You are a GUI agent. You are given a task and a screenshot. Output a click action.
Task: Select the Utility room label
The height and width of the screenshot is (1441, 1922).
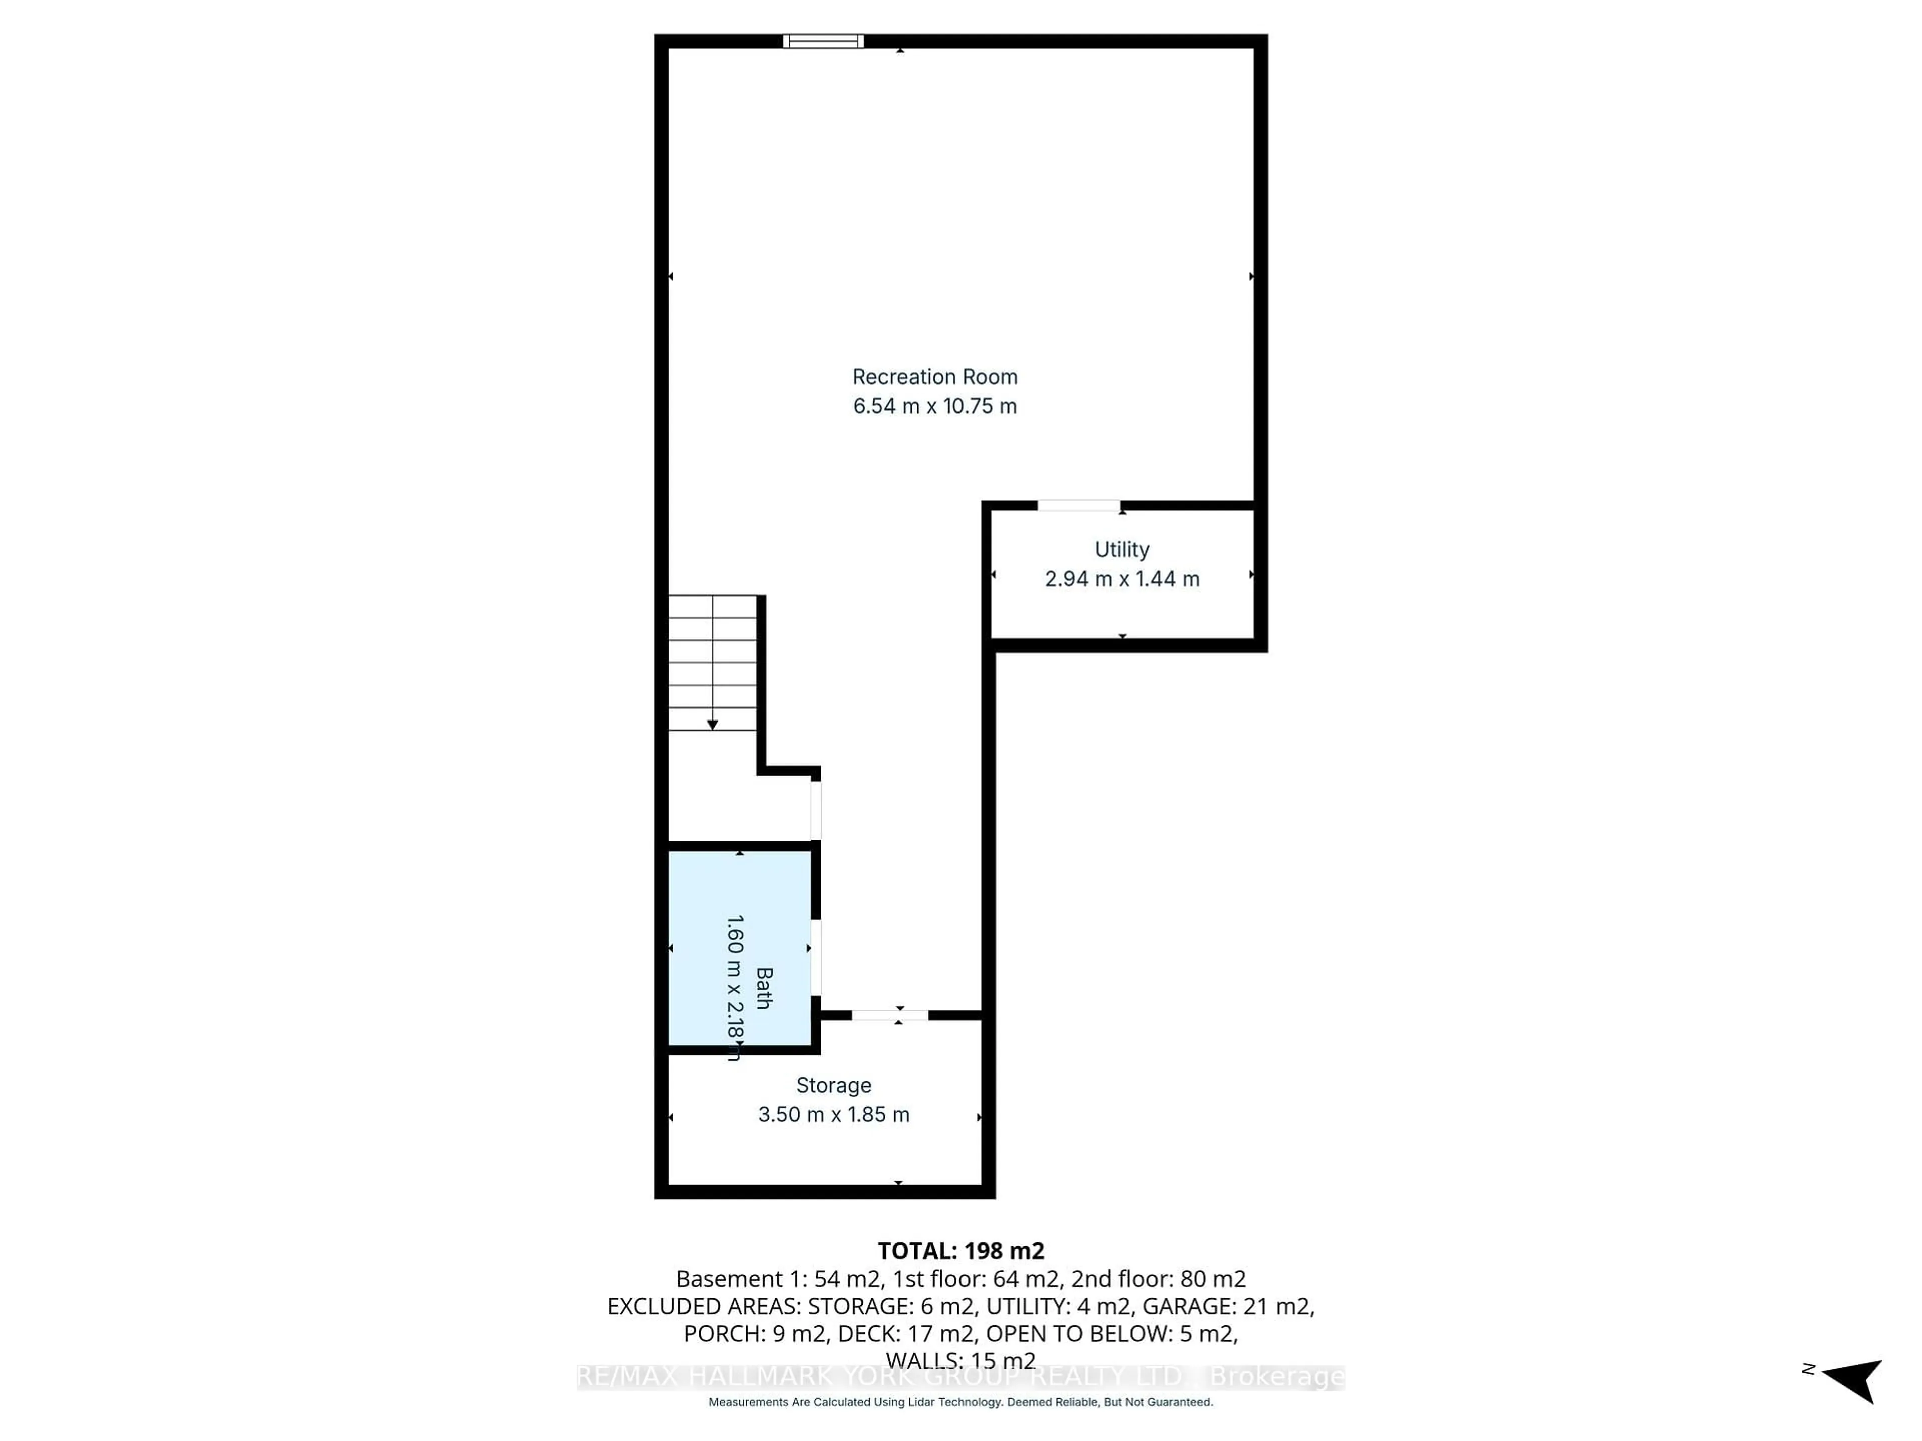tap(1122, 550)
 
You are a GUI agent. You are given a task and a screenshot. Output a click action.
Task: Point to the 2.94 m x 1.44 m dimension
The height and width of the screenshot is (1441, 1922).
tap(1122, 579)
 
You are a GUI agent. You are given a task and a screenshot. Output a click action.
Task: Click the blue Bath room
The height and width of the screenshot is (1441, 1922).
tap(739, 949)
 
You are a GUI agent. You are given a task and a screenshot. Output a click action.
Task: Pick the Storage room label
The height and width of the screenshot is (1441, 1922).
tap(833, 1086)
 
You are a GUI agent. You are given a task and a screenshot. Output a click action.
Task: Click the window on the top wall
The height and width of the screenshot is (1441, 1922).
tap(823, 41)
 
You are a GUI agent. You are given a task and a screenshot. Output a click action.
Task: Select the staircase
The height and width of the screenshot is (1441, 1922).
tap(713, 663)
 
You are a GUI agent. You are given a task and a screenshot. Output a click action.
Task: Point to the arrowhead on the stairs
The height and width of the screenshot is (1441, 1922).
tap(713, 725)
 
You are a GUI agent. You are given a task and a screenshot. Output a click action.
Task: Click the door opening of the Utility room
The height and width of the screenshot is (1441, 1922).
tap(1078, 505)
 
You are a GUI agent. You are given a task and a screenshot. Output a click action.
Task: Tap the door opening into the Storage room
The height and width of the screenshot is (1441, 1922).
tap(890, 1015)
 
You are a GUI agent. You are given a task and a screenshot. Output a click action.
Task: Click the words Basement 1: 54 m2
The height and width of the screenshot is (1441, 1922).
tap(778, 1279)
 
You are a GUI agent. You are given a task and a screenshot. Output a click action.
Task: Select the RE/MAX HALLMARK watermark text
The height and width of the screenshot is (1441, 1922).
tap(960, 1377)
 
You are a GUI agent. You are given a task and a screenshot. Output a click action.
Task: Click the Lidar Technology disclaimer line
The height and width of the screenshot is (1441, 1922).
tap(960, 1402)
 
